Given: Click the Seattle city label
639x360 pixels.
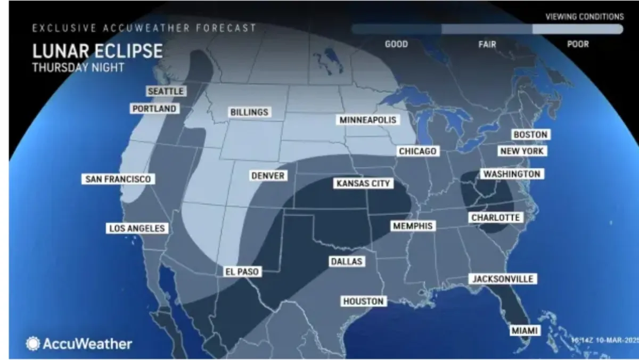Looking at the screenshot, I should pyautogui.click(x=166, y=92).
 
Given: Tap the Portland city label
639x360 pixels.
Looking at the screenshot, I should pyautogui.click(x=154, y=109).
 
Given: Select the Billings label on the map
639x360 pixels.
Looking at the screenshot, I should pyautogui.click(x=249, y=112).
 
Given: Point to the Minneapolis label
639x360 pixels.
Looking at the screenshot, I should pyautogui.click(x=368, y=120).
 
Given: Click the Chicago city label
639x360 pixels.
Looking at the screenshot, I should pyautogui.click(x=418, y=151).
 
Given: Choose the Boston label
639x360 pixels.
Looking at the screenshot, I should pyautogui.click(x=530, y=135).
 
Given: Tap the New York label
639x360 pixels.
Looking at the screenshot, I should pyautogui.click(x=522, y=151).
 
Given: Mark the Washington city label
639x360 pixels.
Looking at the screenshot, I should pyautogui.click(x=511, y=174).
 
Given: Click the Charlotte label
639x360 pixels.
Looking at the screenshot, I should pyautogui.click(x=495, y=218).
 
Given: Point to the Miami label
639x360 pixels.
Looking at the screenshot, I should pyautogui.click(x=525, y=331).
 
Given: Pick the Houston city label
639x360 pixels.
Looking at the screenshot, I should pyautogui.click(x=363, y=301).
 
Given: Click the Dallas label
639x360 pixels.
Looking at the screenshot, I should pyautogui.click(x=346, y=261).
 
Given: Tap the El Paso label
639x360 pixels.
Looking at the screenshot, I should pyautogui.click(x=241, y=272).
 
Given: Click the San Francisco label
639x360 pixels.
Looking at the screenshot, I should pyautogui.click(x=118, y=179).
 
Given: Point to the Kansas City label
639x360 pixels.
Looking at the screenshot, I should pyautogui.click(x=363, y=184).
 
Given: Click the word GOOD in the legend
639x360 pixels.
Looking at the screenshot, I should pyautogui.click(x=396, y=44).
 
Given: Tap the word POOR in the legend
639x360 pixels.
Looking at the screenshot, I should pyautogui.click(x=578, y=44).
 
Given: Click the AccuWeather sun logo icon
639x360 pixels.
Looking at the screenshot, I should pyautogui.click(x=33, y=343).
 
